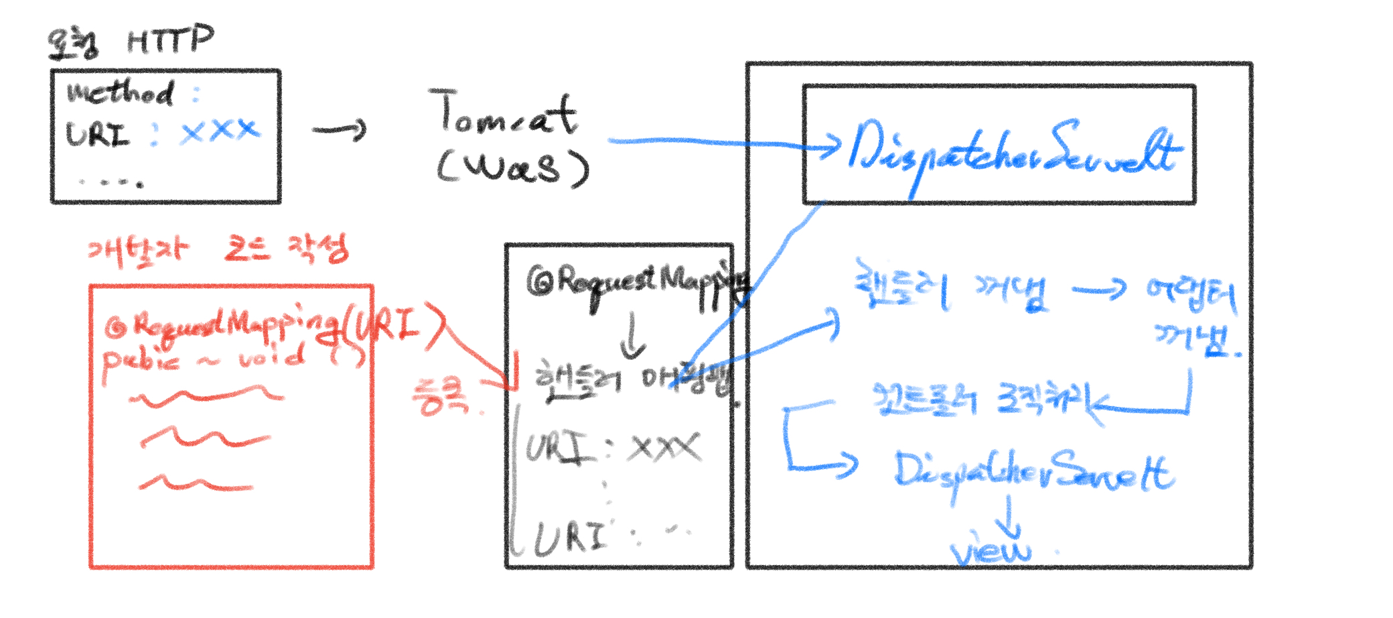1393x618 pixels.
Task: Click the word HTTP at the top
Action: [170, 40]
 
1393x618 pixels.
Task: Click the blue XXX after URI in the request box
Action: [219, 130]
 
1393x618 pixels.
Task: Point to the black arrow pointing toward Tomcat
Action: [340, 129]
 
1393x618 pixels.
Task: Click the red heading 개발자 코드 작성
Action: [218, 252]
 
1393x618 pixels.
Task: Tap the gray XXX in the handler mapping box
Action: [664, 448]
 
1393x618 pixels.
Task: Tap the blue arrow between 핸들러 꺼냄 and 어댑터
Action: [1099, 290]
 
